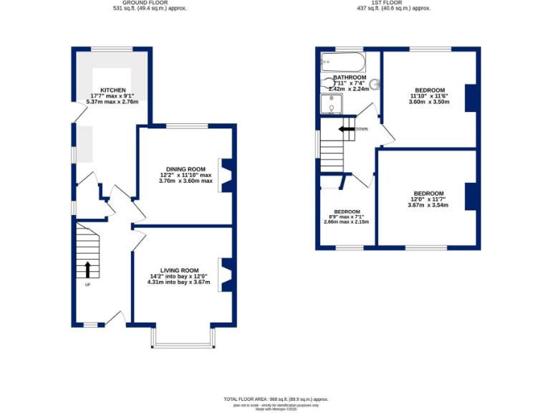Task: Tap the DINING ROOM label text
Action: [185, 169]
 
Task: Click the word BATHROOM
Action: [349, 77]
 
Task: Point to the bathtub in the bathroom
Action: [343, 62]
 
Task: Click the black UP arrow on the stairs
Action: [87, 269]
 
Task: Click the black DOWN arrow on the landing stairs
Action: [347, 129]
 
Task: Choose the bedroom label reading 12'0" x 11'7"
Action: [428, 194]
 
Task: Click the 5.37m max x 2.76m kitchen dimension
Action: [112, 102]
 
